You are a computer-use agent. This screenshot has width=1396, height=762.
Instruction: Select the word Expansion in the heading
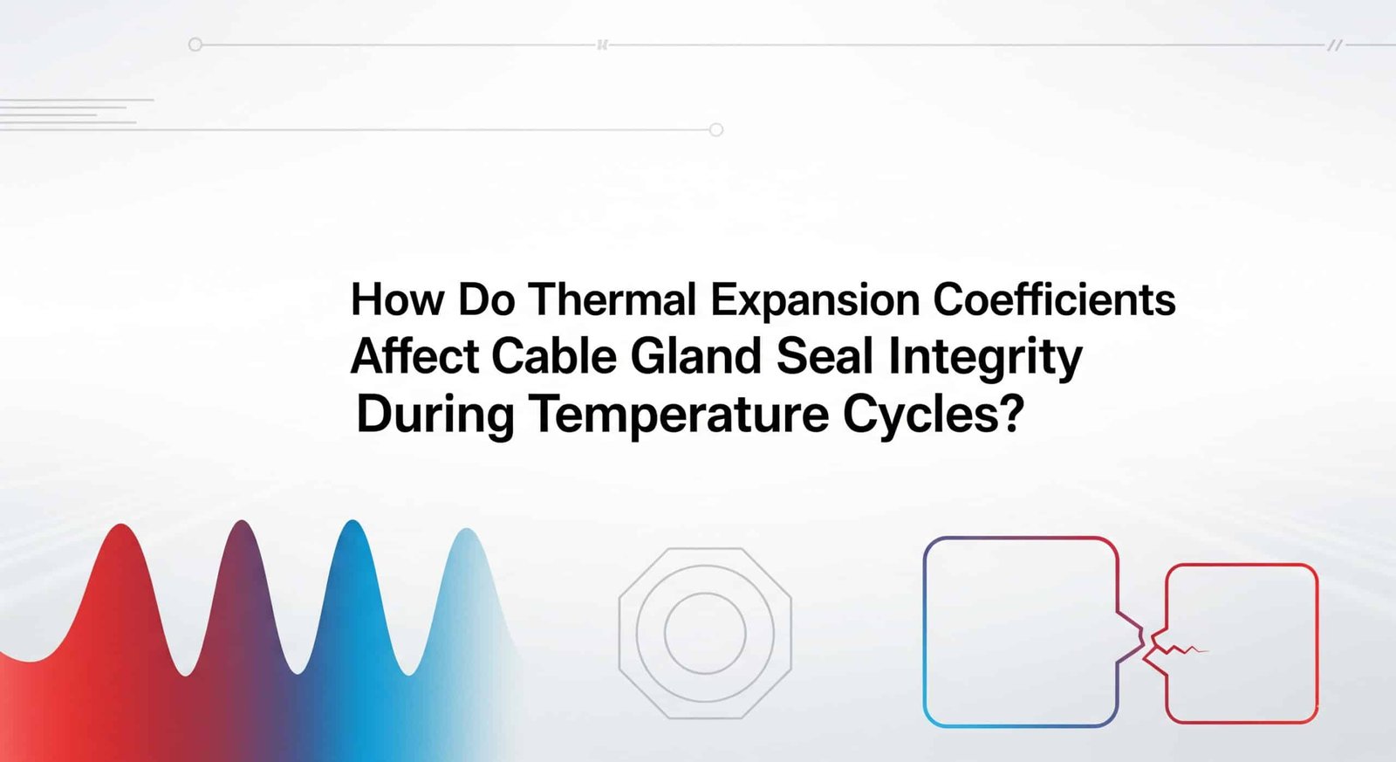(x=815, y=302)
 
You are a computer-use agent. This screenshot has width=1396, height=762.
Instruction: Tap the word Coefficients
(x=1055, y=300)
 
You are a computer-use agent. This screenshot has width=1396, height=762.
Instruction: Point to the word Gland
(x=696, y=356)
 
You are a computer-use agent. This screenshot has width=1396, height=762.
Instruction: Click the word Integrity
(x=985, y=359)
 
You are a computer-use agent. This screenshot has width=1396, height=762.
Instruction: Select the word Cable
(x=554, y=356)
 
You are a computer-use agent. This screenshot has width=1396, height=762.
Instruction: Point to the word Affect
(x=414, y=356)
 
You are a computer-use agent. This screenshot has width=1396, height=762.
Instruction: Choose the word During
(x=435, y=416)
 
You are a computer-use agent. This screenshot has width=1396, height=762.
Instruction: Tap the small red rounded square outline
(x=1242, y=565)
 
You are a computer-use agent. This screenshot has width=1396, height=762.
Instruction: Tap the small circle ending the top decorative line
(x=195, y=45)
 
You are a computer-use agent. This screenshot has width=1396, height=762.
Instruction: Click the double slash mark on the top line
(x=1335, y=45)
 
